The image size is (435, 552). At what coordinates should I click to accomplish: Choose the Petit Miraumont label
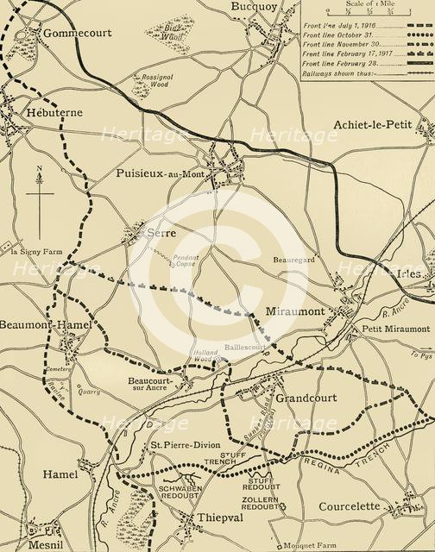click(x=395, y=329)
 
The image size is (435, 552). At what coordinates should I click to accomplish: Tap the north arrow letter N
click(x=40, y=169)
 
